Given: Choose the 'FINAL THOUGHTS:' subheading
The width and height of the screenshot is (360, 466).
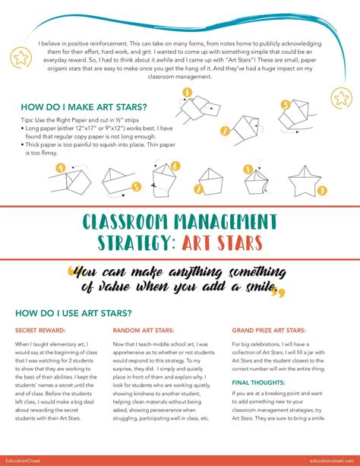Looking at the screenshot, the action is point(257,382).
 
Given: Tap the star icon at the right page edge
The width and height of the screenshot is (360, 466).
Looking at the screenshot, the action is point(342,97).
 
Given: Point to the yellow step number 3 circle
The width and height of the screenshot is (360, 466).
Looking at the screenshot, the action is point(284,105).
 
